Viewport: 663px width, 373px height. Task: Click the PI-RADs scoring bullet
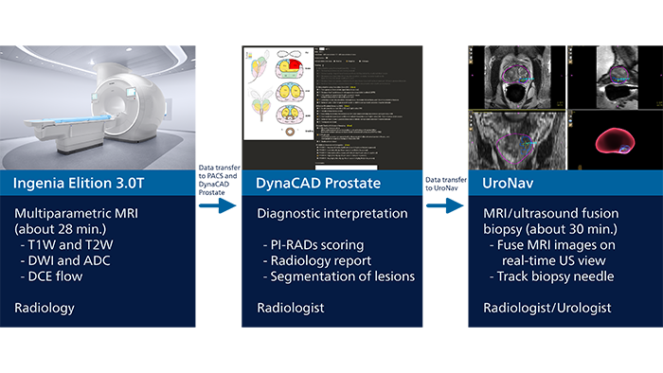point(314,245)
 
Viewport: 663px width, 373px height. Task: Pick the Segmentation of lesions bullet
point(339,276)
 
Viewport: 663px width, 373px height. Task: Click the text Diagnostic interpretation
point(326,214)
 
